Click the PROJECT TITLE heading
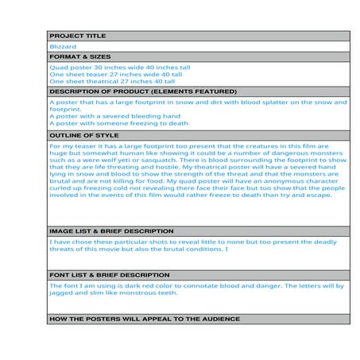77,37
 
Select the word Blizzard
63,47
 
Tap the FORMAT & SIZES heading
80,57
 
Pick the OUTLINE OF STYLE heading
83,136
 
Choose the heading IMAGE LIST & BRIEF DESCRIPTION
111,230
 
